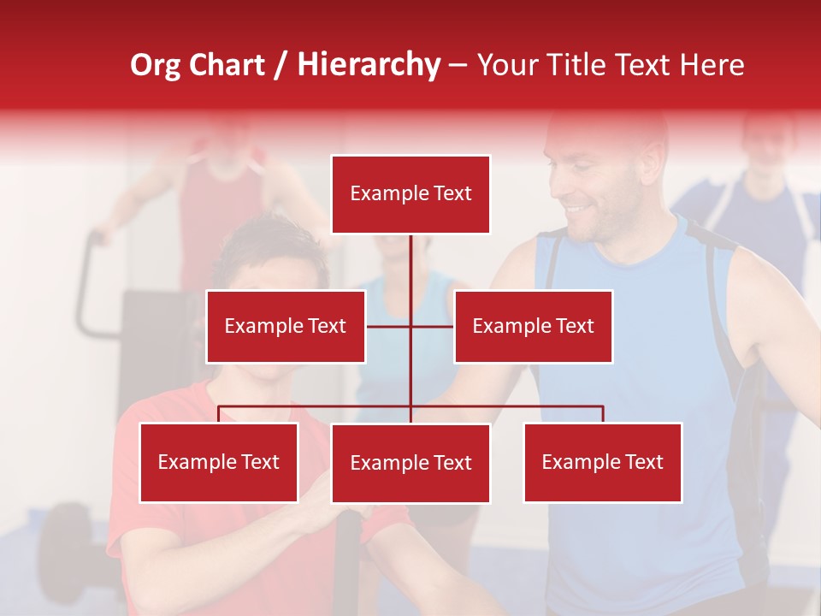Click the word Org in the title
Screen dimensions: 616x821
click(156, 65)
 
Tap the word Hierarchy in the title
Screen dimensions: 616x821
click(369, 65)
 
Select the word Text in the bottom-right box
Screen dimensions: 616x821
click(643, 463)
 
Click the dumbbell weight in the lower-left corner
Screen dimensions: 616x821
click(64, 539)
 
